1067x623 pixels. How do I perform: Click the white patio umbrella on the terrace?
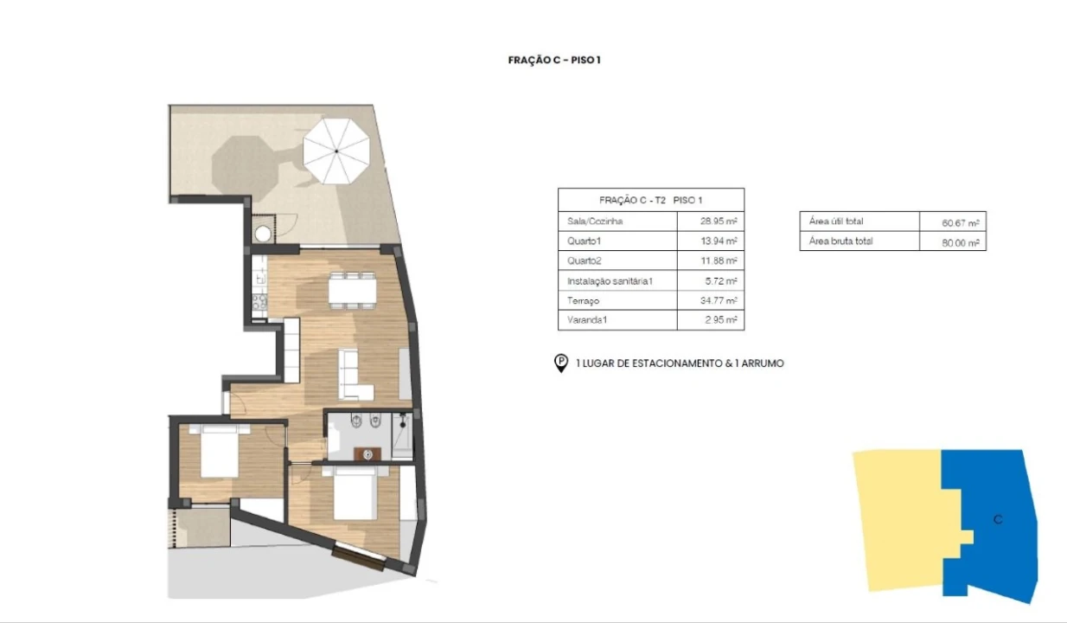point(336,151)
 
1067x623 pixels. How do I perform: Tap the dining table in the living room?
point(352,291)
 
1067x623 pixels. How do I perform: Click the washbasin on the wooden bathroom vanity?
point(367,455)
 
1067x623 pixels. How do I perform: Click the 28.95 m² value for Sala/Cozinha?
point(719,222)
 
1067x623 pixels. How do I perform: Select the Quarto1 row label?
point(584,241)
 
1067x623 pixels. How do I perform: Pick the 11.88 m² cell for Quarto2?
point(719,260)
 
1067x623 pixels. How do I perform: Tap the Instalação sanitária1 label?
point(610,281)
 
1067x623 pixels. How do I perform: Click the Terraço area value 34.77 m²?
point(719,301)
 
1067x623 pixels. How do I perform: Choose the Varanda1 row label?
point(587,320)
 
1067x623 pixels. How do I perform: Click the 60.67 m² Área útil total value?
point(961,222)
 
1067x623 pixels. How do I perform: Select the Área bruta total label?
point(840,241)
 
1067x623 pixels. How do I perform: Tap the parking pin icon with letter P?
point(561,363)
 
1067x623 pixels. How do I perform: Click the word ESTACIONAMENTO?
point(669,363)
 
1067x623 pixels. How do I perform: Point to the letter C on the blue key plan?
point(998,519)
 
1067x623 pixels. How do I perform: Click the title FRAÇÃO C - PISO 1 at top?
point(554,60)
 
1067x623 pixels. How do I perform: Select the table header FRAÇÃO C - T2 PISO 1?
point(651,200)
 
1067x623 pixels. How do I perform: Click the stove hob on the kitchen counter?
point(259,302)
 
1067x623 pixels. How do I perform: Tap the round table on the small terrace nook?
point(263,234)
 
